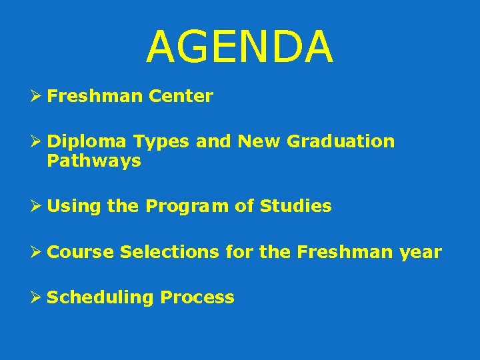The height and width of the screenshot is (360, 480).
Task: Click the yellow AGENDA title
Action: coord(239,47)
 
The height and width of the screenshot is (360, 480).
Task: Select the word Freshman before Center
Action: coord(95,97)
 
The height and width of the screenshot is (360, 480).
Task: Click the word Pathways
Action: coord(94,161)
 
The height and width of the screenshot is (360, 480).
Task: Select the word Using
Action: coord(74,207)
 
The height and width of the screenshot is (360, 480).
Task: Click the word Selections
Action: coord(169,252)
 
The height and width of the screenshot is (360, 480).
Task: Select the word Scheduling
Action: coord(100,297)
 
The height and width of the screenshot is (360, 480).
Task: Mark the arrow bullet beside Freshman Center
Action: coord(38,97)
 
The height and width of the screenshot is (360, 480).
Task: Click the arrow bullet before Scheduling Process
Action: coord(38,297)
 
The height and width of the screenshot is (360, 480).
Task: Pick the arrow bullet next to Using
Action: coord(38,207)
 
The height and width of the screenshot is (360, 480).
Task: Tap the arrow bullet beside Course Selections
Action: coord(38,252)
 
